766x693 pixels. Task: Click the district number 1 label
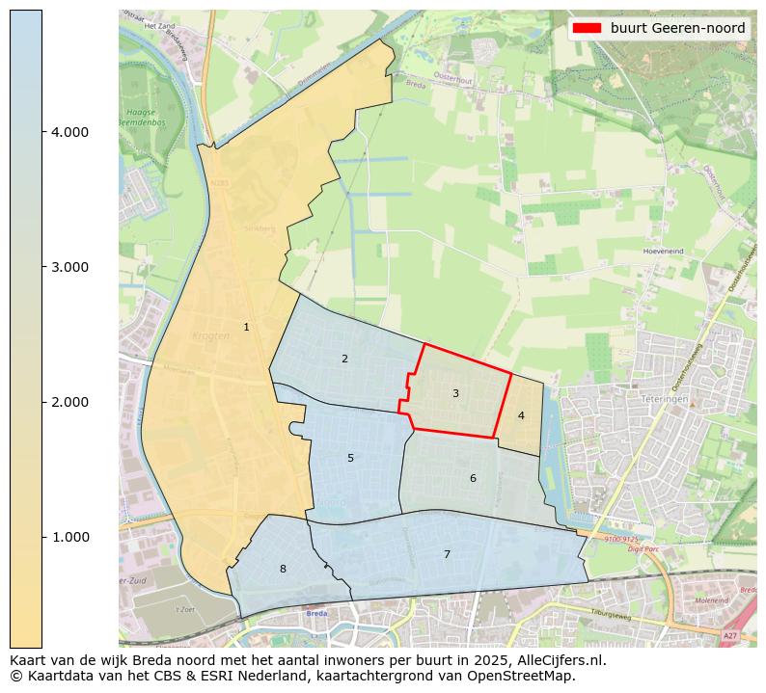pos(246,328)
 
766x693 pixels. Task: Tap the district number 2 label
pos(344,360)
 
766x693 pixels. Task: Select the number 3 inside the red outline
pos(455,393)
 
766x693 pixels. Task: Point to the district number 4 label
pos(521,416)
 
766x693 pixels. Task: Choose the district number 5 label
pos(350,459)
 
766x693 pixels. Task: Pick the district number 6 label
pos(473,479)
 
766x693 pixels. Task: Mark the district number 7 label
pos(447,554)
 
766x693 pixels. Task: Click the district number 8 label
pos(283,570)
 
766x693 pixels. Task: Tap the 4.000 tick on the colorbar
pos(70,132)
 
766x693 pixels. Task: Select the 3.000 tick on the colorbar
pos(70,267)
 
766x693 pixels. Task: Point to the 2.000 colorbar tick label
pos(70,402)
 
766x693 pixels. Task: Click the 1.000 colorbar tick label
pos(70,537)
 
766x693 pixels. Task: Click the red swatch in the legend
pos(587,28)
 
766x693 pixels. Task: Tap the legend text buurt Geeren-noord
pos(677,28)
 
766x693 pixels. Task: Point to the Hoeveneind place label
pos(663,251)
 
